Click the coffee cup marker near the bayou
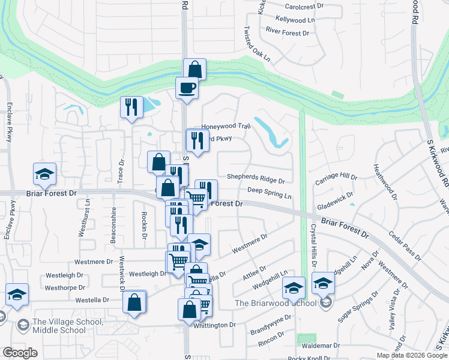click(187, 88)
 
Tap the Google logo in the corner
click(20, 352)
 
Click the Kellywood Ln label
click(295, 20)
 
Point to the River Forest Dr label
click(287, 31)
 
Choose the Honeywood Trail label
click(224, 127)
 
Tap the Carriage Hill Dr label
click(336, 178)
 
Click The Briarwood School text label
click(275, 303)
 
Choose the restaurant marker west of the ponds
click(131, 107)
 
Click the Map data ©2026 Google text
click(411, 355)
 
